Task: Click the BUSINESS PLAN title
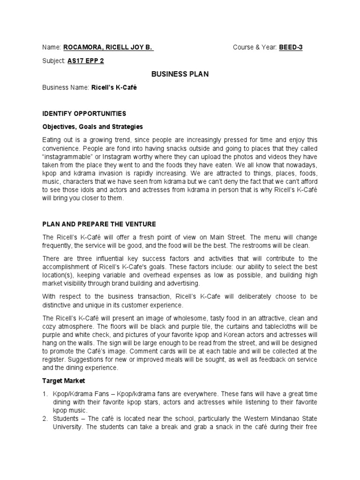point(180,74)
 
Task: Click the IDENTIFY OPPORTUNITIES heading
point(84,113)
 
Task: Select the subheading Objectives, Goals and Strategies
point(93,127)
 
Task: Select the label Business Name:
point(65,87)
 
